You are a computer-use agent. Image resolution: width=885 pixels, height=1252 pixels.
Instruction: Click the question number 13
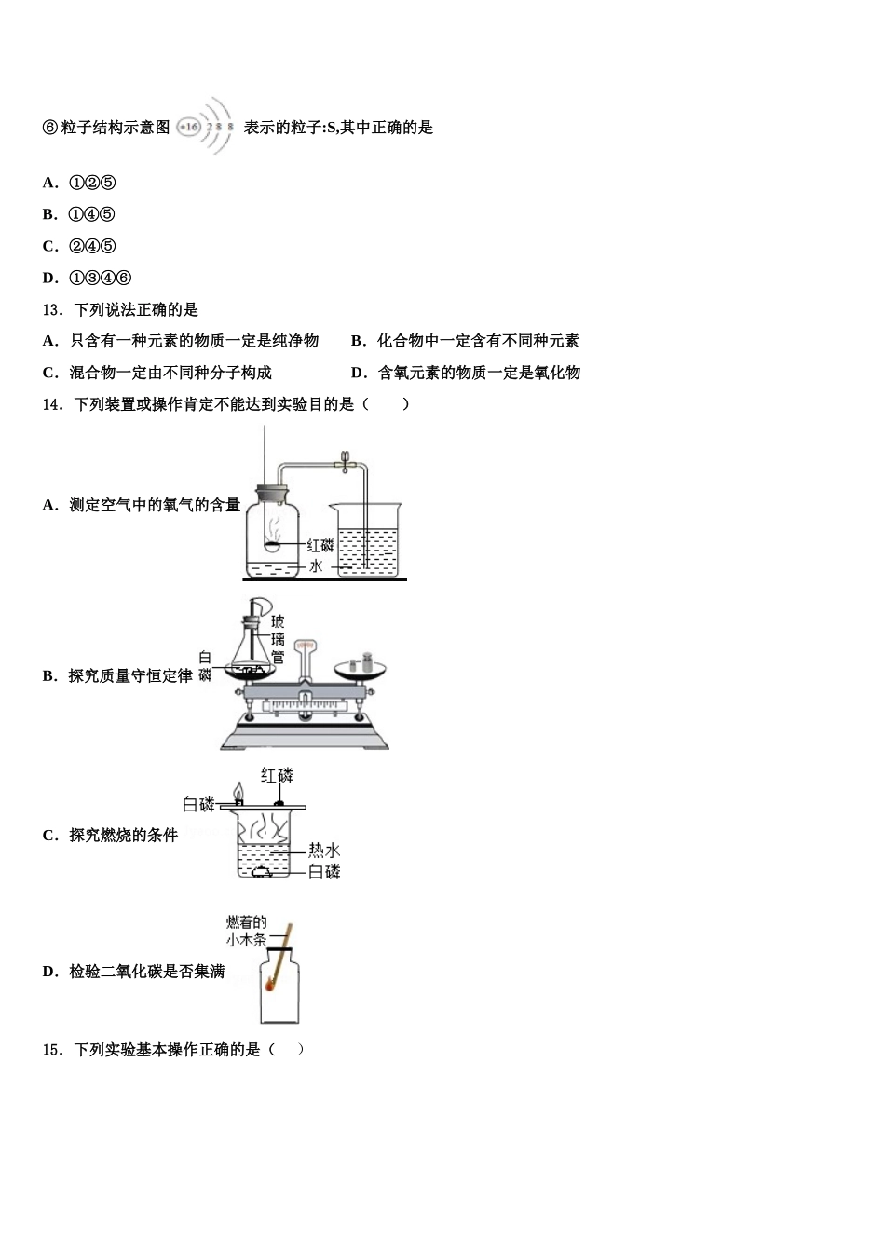[52, 310]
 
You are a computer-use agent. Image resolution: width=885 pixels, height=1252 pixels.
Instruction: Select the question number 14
[52, 404]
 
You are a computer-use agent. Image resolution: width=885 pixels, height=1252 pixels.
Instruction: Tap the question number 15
[52, 1050]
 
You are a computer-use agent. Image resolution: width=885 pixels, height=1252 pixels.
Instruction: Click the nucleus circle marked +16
[188, 127]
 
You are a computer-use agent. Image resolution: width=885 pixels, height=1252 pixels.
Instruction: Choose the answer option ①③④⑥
[100, 278]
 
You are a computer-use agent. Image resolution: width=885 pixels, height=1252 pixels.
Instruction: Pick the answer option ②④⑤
[92, 246]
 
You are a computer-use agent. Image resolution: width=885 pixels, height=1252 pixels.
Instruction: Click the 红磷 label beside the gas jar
[320, 545]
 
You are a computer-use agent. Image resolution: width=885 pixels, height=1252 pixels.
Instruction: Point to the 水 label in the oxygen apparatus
[316, 565]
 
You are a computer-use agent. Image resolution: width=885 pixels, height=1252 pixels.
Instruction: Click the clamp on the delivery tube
[344, 460]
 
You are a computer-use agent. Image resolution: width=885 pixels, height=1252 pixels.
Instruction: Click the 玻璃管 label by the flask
[278, 640]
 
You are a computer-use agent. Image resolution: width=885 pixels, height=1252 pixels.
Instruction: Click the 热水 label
[324, 851]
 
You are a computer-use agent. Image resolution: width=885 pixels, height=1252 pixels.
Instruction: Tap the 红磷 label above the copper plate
[277, 775]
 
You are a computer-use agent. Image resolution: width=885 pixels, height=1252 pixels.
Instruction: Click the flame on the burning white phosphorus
[238, 791]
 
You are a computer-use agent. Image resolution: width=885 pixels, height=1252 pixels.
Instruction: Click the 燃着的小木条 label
[247, 931]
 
